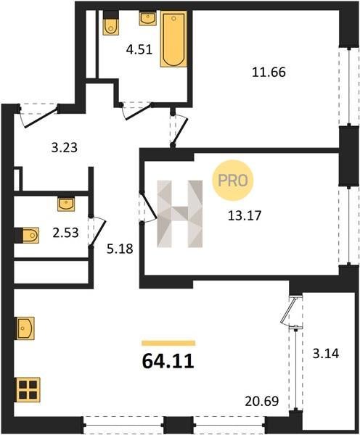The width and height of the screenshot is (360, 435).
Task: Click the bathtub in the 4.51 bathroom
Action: click(173, 39)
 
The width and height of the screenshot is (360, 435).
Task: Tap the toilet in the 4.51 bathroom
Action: click(111, 23)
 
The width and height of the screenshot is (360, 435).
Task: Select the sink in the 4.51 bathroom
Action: click(147, 18)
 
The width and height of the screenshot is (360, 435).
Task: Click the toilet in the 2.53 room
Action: click(27, 235)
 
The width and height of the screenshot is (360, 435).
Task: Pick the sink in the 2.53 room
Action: click(66, 204)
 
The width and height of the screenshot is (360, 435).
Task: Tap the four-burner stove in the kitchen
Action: click(28, 389)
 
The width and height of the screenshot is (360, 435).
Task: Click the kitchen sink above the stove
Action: click(25, 328)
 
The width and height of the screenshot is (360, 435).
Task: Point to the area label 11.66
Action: click(269, 72)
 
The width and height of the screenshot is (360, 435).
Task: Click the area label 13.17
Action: click(245, 215)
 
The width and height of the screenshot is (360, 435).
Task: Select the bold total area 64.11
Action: click(168, 362)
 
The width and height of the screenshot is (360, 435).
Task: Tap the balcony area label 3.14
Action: click(326, 354)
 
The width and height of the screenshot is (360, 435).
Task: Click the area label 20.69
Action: click(262, 401)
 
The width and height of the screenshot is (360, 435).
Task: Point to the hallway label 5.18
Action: click(120, 249)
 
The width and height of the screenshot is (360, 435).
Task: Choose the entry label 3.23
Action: click(65, 148)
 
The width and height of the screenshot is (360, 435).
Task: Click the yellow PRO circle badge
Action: click(233, 181)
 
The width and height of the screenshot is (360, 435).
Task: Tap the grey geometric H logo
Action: click(180, 214)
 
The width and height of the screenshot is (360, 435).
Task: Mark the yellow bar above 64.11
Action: click(168, 343)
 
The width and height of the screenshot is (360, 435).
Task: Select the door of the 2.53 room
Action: click(98, 233)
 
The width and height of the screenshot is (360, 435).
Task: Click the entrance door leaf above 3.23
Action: click(41, 117)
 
